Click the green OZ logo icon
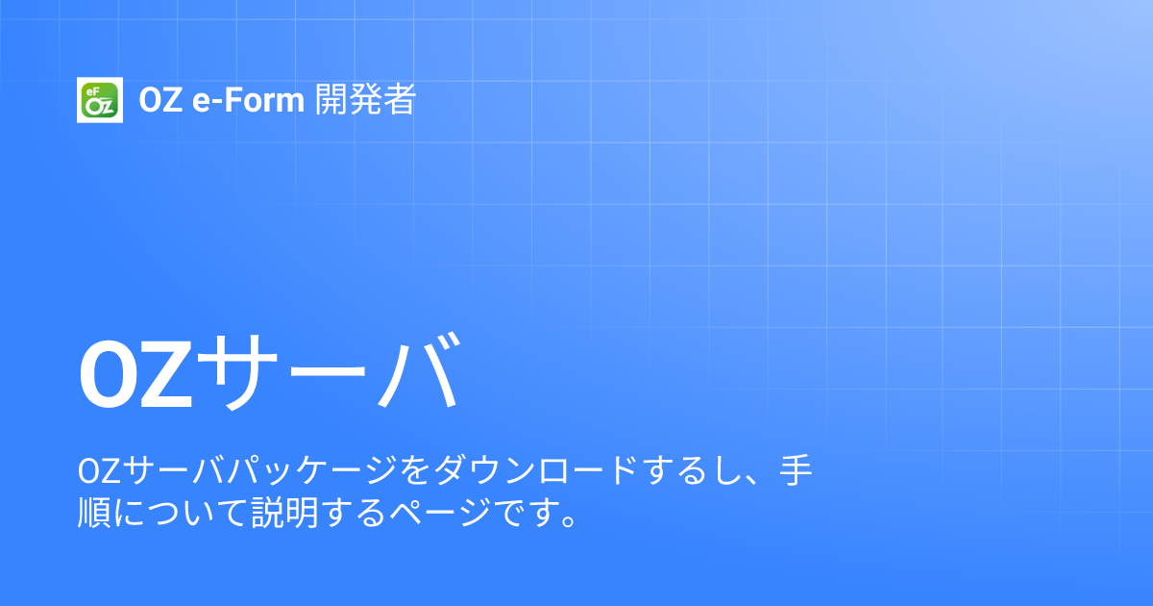click(97, 100)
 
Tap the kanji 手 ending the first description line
click(795, 473)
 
